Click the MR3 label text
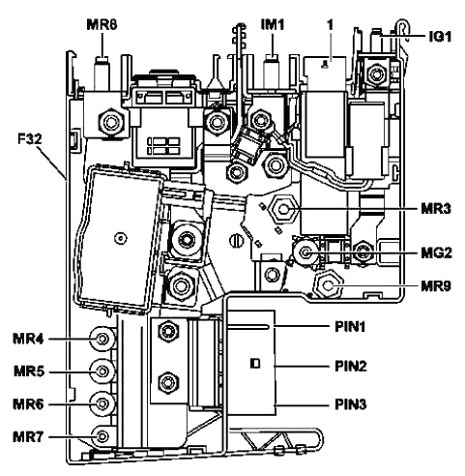436,209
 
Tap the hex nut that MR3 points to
283,210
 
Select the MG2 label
436,253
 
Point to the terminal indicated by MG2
305,252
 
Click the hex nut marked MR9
329,285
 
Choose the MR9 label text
436,286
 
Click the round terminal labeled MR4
102,339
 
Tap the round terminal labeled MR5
102,372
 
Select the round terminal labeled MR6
102,403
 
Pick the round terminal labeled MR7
102,436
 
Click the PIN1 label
350,327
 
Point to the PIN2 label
351,366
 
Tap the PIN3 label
351,404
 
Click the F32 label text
29,139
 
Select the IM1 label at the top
273,24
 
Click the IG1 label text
441,37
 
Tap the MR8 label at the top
102,25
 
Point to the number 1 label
330,25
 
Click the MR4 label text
28,339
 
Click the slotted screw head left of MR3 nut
236,241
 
